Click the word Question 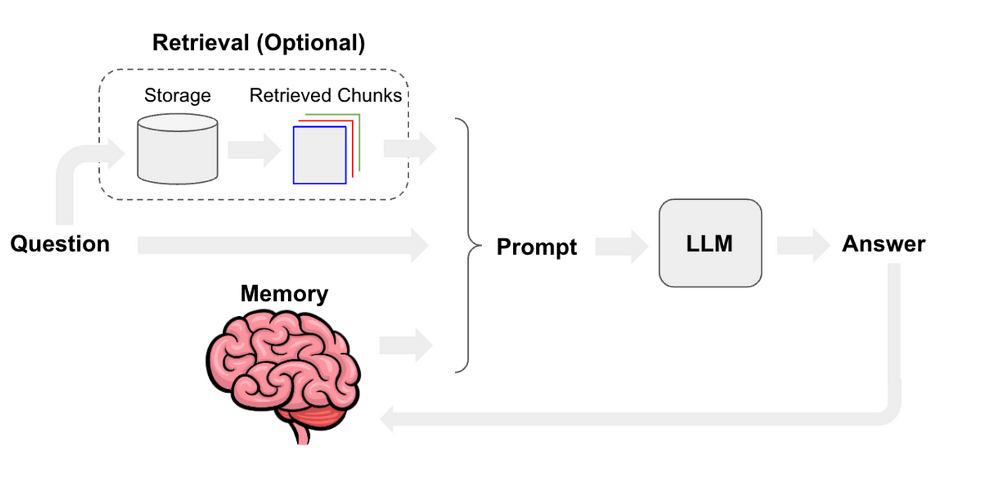(x=60, y=244)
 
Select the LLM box (x=710, y=243)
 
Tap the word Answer (x=883, y=244)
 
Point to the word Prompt (x=537, y=247)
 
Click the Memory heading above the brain (x=284, y=294)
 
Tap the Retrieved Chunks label (x=326, y=95)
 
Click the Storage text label (x=177, y=95)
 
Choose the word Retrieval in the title (x=200, y=43)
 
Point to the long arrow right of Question (x=283, y=245)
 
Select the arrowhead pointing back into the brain (x=390, y=420)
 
